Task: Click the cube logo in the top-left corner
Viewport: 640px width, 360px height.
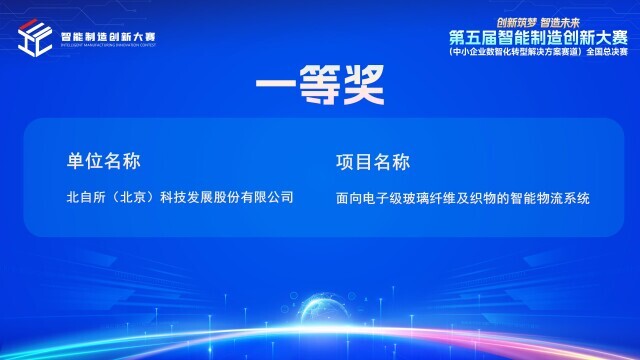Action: pos(35,38)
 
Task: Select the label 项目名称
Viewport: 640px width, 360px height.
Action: pos(374,161)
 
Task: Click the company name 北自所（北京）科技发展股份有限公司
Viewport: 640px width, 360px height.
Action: pos(180,197)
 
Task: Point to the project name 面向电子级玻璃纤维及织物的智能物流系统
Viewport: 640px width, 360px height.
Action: pos(463,198)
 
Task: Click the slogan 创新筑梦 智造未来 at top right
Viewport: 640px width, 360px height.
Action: pos(538,19)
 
